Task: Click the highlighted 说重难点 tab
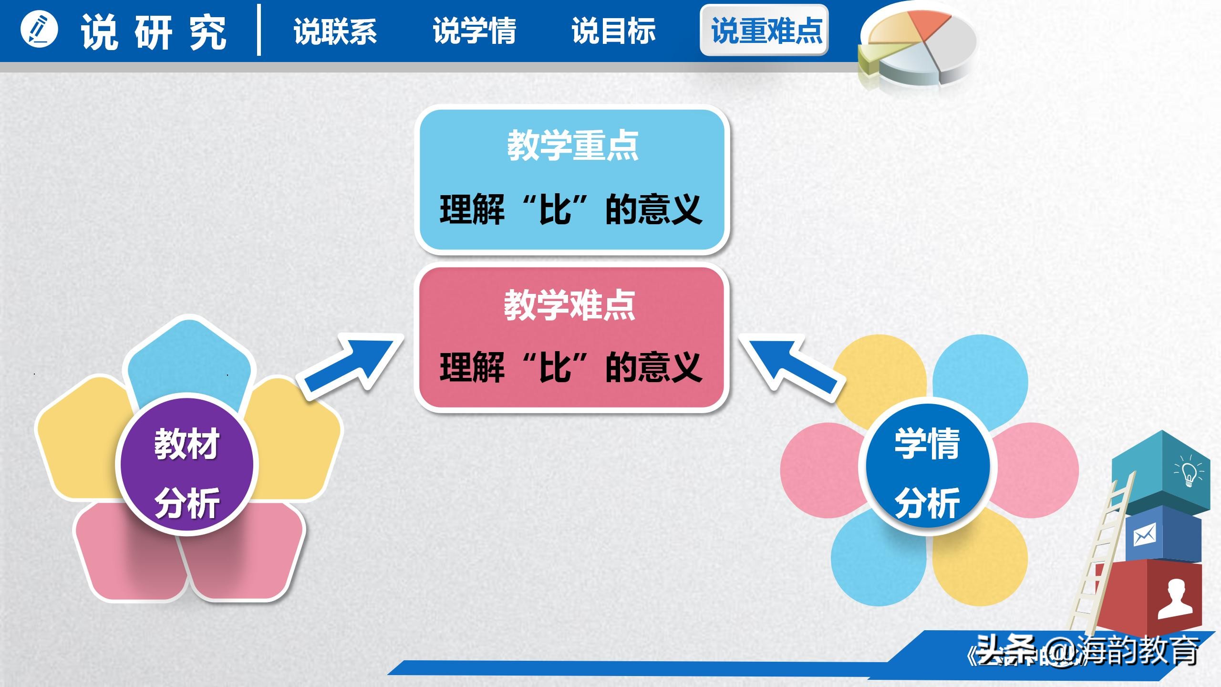click(x=765, y=31)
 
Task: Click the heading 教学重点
click(x=572, y=146)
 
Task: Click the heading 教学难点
click(x=570, y=305)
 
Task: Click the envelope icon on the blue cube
click(x=1145, y=535)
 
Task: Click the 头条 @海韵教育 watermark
click(x=1087, y=651)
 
